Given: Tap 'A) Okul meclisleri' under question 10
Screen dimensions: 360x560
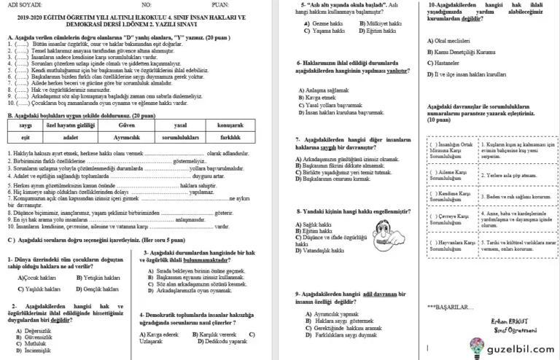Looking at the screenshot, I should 451,39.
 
